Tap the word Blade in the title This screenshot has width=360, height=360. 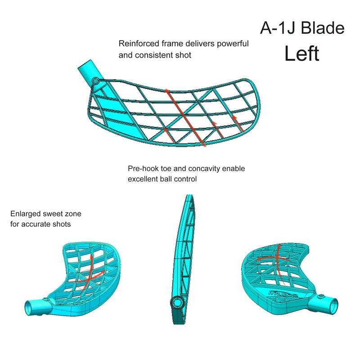(323, 28)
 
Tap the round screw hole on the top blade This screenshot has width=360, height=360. (95, 81)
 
